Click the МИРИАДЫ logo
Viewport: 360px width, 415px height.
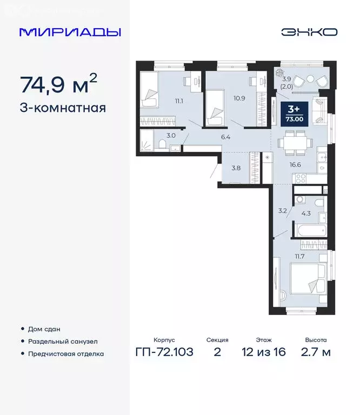(x=70, y=32)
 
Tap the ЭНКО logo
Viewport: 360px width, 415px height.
(x=309, y=32)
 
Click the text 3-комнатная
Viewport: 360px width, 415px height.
(x=63, y=108)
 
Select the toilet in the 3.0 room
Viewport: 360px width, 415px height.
(x=163, y=144)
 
